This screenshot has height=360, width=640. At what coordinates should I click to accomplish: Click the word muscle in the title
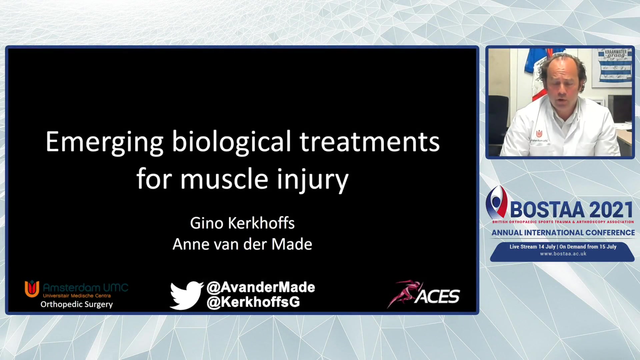(x=224, y=179)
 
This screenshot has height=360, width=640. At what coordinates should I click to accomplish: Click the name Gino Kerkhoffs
(x=242, y=223)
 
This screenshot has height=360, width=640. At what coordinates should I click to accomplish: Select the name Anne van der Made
(x=242, y=244)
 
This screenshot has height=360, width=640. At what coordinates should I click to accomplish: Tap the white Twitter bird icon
(x=186, y=295)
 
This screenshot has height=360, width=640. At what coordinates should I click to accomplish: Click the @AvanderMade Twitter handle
(x=261, y=287)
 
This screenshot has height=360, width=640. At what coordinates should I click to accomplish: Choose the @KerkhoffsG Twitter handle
(x=253, y=302)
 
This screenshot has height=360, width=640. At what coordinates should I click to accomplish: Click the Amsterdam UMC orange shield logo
(x=32, y=289)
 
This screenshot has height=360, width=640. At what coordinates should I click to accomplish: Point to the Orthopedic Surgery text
(x=77, y=304)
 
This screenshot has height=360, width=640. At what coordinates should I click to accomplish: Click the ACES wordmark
(x=437, y=296)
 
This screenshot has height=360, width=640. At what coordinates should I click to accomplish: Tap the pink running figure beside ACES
(x=405, y=293)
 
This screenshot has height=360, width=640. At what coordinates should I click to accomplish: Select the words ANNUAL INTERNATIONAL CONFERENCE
(x=563, y=233)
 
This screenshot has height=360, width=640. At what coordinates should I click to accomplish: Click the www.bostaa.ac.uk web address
(x=563, y=254)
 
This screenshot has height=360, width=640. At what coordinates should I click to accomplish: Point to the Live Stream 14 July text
(x=532, y=247)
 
